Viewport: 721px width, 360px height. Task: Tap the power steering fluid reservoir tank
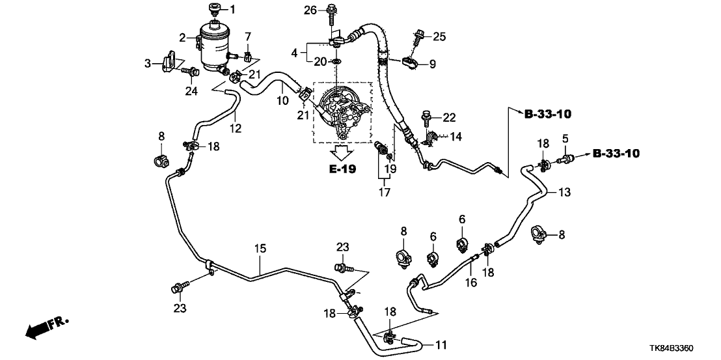click(x=215, y=44)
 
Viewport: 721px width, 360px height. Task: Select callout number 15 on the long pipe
click(x=260, y=249)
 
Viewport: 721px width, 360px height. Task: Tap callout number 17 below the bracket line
click(x=383, y=193)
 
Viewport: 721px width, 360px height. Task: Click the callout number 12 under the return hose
click(x=235, y=128)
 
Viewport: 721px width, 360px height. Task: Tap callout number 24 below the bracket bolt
click(x=190, y=91)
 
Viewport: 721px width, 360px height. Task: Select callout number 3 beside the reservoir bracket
click(x=148, y=63)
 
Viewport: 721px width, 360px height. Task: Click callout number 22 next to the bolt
click(x=449, y=117)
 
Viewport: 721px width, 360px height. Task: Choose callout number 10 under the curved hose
click(x=282, y=101)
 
